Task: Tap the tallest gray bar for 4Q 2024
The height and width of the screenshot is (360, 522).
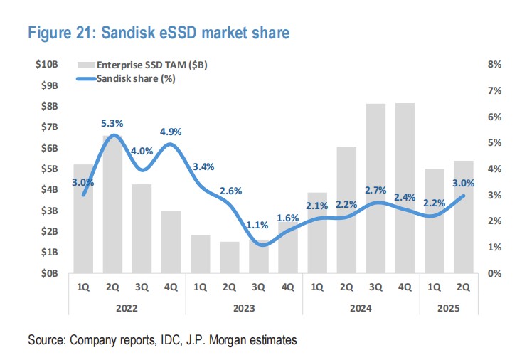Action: [x=405, y=189]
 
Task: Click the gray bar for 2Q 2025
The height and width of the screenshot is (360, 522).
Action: [x=463, y=217]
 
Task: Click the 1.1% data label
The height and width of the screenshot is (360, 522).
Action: [x=258, y=226]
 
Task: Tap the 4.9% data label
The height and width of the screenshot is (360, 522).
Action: [x=170, y=132]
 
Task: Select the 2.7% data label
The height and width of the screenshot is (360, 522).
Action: [x=374, y=190]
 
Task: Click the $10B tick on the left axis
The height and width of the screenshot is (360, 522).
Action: [x=47, y=65]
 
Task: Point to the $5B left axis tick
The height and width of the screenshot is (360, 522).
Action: [x=49, y=169]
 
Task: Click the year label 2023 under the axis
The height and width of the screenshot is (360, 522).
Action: [x=245, y=309]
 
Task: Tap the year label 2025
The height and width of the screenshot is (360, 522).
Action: [x=448, y=309]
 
